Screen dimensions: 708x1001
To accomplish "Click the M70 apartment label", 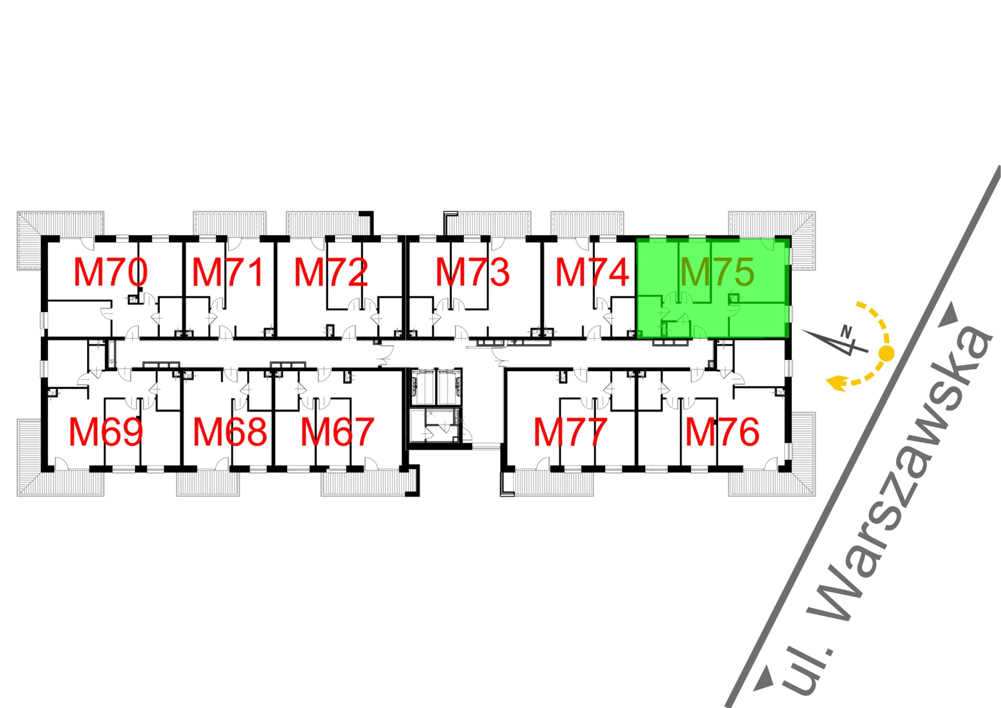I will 110,272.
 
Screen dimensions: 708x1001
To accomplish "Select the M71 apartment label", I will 228,272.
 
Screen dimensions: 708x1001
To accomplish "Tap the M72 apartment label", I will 330,272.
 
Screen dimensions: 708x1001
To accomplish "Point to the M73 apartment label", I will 472,272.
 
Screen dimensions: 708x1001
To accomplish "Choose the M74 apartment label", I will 592,272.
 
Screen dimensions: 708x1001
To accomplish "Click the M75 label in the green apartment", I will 717,272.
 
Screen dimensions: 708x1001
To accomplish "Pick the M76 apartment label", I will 722,432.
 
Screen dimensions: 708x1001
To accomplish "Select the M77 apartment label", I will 570,432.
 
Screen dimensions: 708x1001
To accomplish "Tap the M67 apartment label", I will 337,432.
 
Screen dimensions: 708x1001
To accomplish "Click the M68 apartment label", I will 230,432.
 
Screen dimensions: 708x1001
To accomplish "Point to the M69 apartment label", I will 106,432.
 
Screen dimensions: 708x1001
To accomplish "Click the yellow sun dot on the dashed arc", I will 886,353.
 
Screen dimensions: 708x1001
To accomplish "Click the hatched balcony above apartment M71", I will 230,224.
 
